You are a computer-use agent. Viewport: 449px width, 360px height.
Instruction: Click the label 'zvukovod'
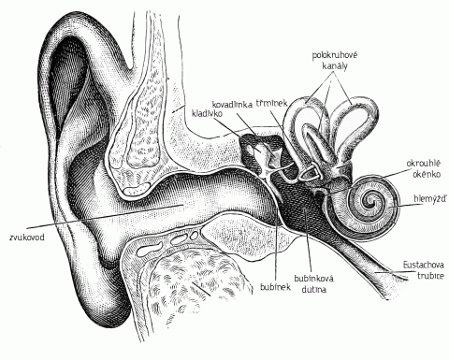click(27, 238)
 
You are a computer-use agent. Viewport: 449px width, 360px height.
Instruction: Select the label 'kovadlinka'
click(232, 104)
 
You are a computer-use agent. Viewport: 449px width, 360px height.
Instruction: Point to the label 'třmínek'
click(268, 103)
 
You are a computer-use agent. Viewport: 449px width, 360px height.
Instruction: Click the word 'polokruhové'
click(335, 55)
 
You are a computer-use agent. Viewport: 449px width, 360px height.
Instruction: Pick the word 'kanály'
click(335, 66)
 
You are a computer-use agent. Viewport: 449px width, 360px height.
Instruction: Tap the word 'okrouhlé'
click(423, 164)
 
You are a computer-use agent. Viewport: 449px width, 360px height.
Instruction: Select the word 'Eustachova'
click(424, 266)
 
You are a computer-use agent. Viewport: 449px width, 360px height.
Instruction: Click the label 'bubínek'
click(275, 286)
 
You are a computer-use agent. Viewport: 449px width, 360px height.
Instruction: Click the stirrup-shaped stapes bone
click(309, 172)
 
